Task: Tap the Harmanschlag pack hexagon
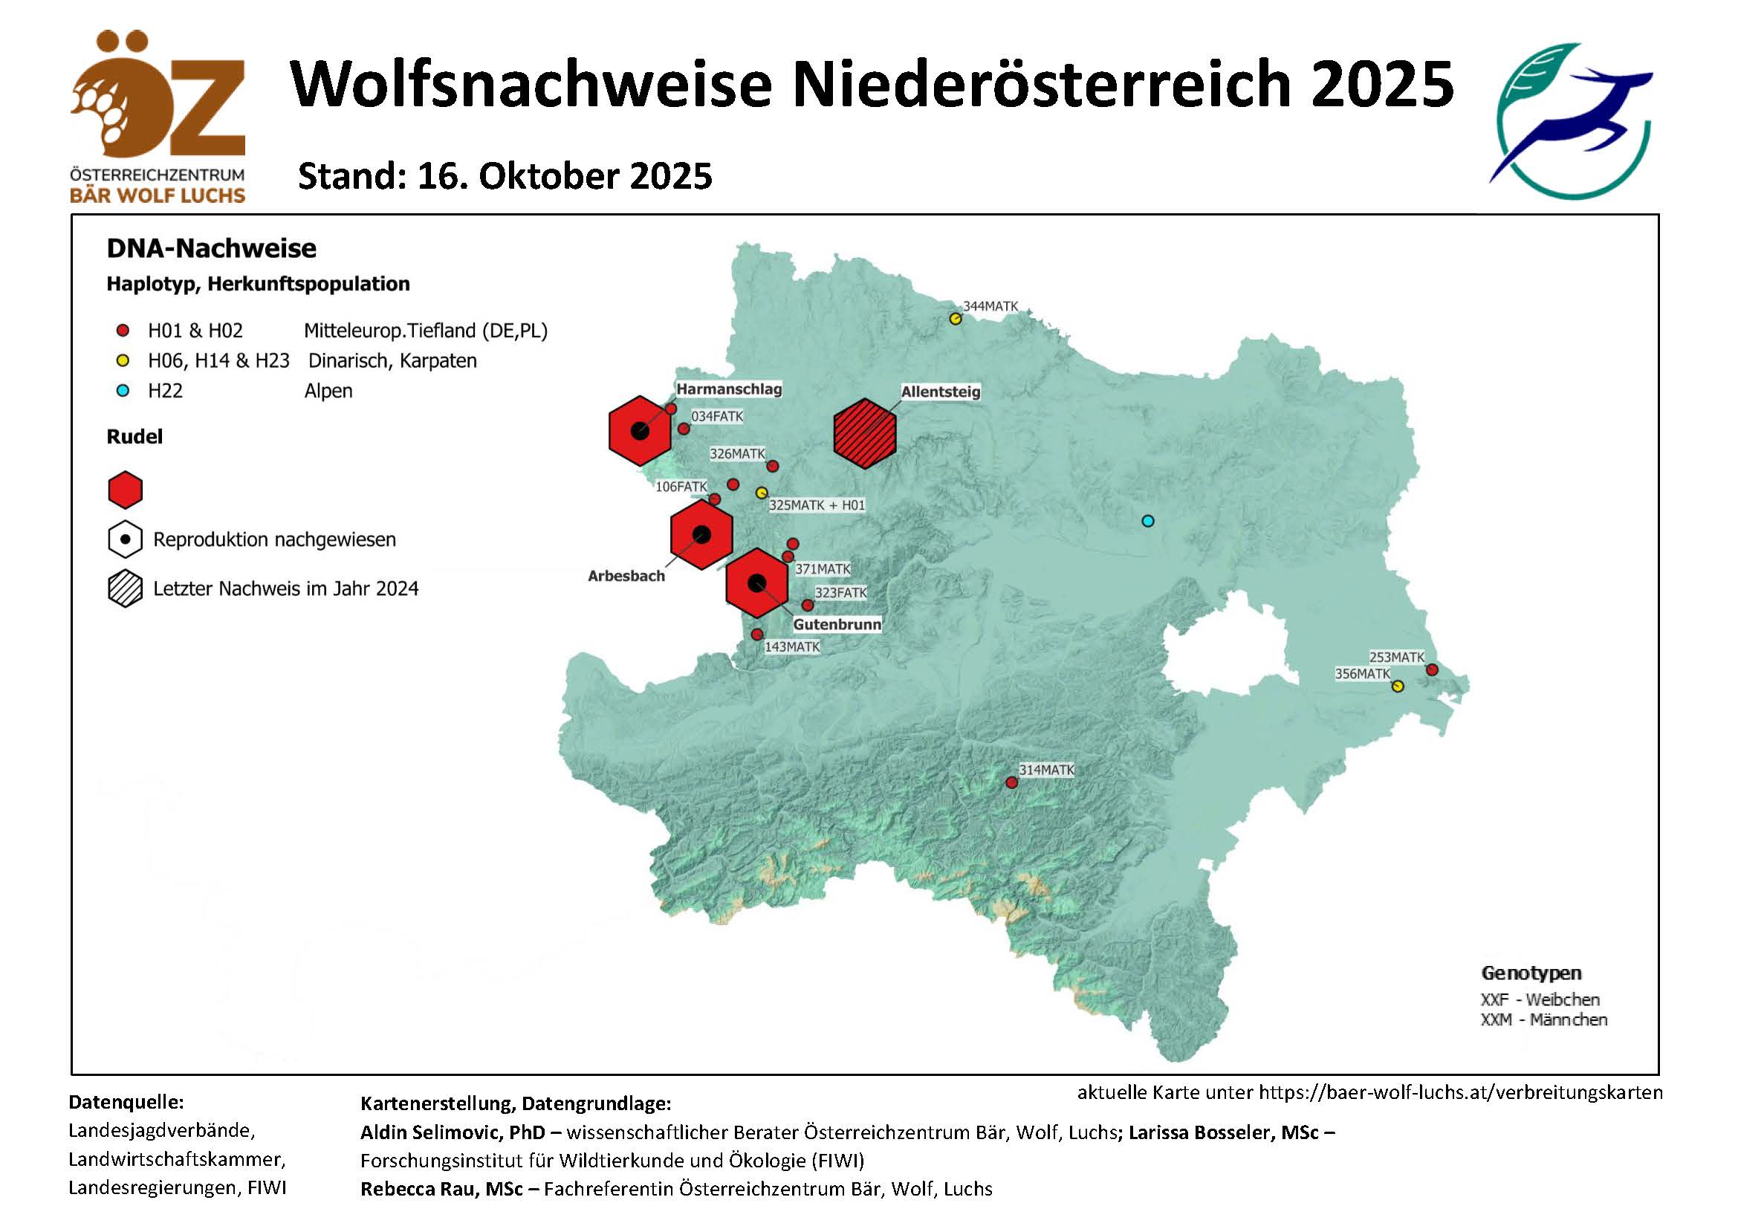click(x=640, y=431)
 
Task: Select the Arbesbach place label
click(x=626, y=576)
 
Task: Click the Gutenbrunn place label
click(x=837, y=624)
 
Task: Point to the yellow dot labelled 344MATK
click(x=956, y=320)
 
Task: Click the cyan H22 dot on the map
click(x=1147, y=521)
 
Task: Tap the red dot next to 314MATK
click(x=1011, y=782)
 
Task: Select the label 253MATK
click(x=1396, y=657)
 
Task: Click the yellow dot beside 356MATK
click(x=1398, y=687)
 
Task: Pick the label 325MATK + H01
click(x=816, y=505)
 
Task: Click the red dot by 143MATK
click(x=757, y=634)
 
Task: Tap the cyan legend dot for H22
click(x=123, y=391)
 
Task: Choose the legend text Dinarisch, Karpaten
click(x=392, y=361)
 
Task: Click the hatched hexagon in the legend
click(x=125, y=588)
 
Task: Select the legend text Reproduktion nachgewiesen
click(x=274, y=539)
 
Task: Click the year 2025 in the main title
click(x=1382, y=83)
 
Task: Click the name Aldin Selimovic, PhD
click(x=452, y=1132)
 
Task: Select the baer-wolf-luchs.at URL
click(x=1460, y=1092)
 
